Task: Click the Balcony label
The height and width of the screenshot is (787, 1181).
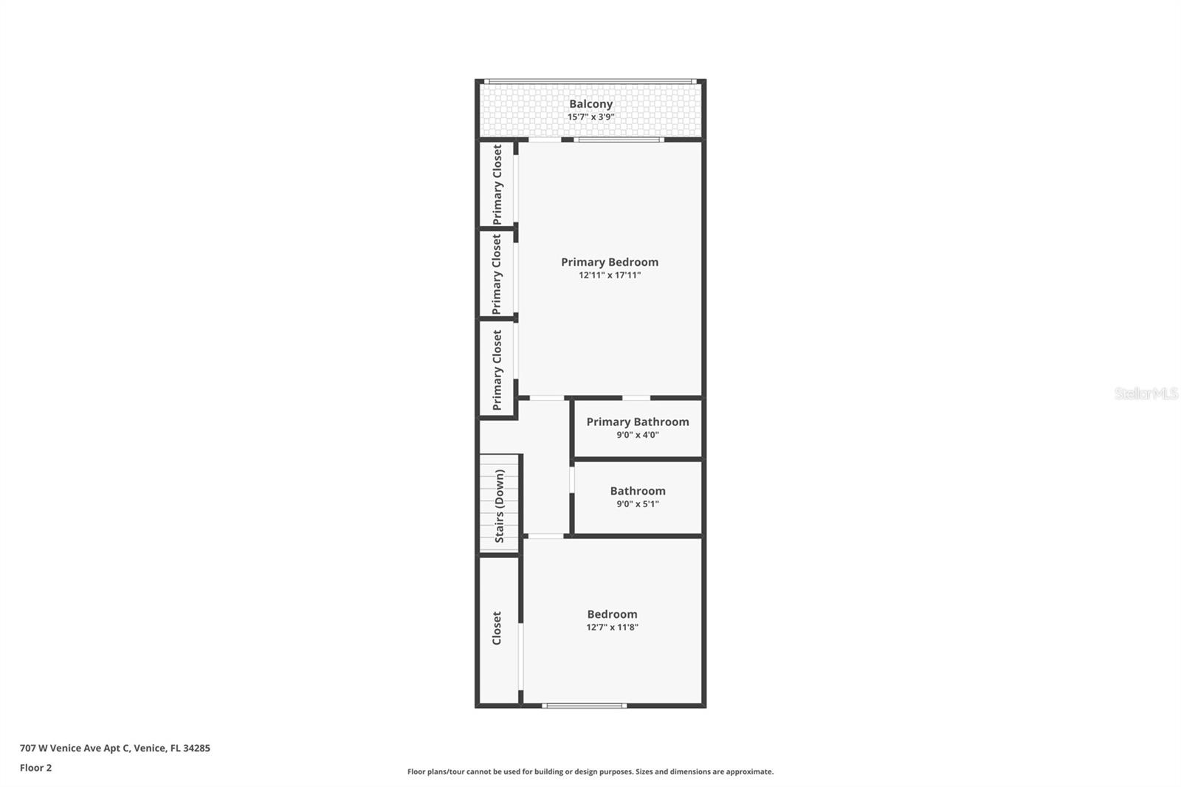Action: coord(590,104)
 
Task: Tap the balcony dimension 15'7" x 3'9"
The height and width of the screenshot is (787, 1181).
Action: coord(590,117)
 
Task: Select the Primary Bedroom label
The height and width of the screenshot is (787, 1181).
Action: coord(610,262)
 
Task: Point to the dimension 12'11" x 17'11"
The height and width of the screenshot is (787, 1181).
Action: coord(610,275)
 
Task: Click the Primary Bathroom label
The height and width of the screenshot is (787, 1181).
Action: coord(638,422)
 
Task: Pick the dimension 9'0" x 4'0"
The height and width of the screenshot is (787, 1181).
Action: coord(638,435)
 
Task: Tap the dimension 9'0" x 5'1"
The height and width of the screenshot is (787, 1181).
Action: coord(638,504)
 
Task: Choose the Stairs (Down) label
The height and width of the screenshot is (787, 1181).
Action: coord(500,506)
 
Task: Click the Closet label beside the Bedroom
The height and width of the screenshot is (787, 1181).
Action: coord(497,628)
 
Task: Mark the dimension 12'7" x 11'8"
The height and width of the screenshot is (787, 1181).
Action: coord(612,628)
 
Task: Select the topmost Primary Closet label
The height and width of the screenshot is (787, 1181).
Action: coord(497,185)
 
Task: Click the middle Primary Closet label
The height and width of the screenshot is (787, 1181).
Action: coord(497,274)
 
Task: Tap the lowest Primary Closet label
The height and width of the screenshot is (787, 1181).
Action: coord(497,370)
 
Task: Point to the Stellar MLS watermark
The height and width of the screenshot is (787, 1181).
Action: coord(1146,393)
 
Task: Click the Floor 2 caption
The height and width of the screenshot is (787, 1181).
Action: coord(35,768)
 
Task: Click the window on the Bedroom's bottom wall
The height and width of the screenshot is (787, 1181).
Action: coord(585,706)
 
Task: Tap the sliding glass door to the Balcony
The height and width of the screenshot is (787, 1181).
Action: coord(619,140)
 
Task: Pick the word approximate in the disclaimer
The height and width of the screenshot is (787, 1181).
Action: coord(750,771)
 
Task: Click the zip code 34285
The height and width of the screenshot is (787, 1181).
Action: coord(197,748)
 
